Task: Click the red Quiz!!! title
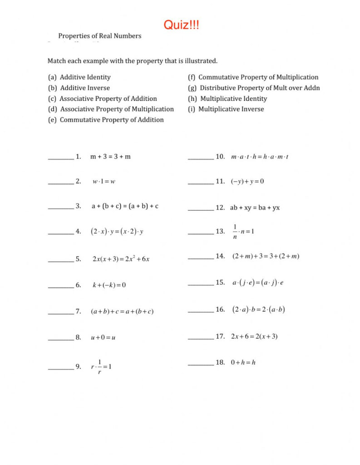[181, 25]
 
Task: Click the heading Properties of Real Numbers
[99, 36]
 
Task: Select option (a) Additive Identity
[79, 77]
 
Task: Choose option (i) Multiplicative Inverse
[226, 109]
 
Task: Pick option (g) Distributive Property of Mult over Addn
[254, 88]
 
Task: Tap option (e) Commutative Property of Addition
[106, 120]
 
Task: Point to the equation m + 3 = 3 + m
[110, 157]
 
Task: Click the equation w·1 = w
[104, 182]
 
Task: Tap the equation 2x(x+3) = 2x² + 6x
[121, 259]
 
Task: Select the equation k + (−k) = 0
[109, 285]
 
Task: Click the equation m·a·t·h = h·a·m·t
[260, 157]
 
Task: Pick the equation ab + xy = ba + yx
[255, 208]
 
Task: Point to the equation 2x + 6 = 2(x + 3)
[254, 336]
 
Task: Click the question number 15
[220, 282]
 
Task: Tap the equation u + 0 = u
[103, 338]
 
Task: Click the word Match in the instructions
[57, 60]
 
